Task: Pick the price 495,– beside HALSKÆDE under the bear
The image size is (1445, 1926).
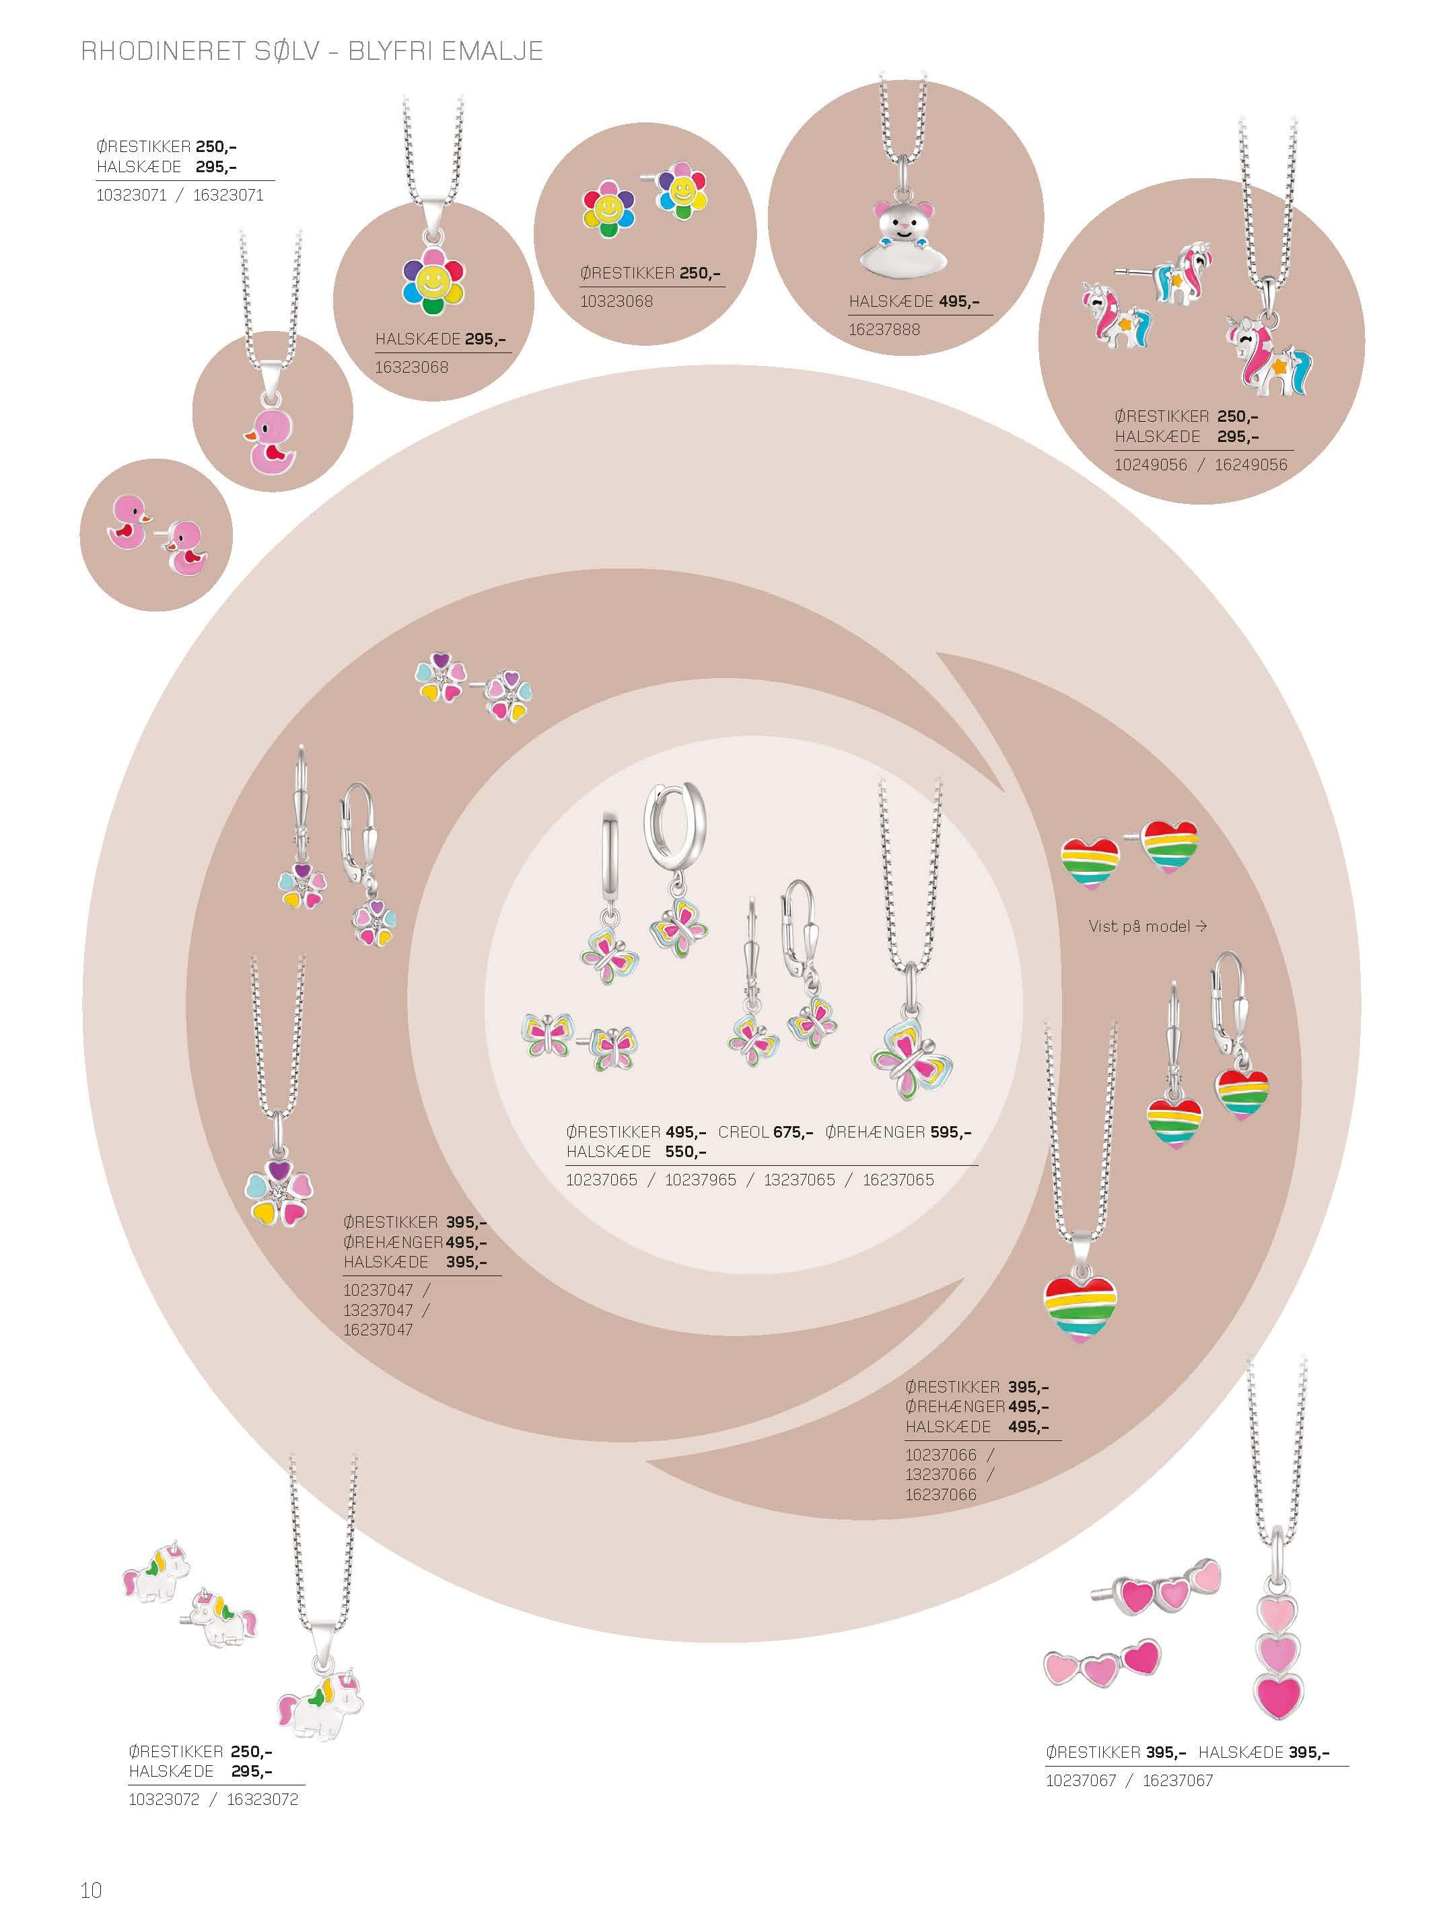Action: coord(959,301)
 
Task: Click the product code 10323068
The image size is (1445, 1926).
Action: coord(616,301)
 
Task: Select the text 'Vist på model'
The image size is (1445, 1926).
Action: coord(1139,926)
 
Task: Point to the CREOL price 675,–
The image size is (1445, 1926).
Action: coord(793,1132)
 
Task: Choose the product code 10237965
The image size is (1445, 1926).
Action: coord(700,1180)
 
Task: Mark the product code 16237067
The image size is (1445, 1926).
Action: coord(1178,1781)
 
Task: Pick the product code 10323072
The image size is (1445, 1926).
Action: coord(164,1799)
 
